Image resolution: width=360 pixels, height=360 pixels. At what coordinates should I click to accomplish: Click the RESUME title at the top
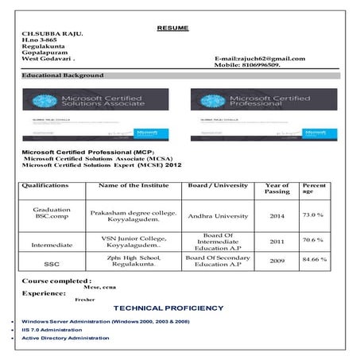click(x=172, y=29)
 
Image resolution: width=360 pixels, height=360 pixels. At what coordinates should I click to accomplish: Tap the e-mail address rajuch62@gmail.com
click(x=259, y=60)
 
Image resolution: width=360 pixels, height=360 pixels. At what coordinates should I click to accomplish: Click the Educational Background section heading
click(x=63, y=75)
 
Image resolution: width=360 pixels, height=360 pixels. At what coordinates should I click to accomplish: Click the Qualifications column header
click(x=46, y=185)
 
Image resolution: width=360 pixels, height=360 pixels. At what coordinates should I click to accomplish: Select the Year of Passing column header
click(x=277, y=189)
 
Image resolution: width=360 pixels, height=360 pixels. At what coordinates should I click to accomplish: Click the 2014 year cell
click(x=277, y=215)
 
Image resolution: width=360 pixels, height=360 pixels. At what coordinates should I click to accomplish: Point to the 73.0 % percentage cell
click(x=312, y=215)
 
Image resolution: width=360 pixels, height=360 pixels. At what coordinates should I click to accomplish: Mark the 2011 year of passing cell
click(x=277, y=241)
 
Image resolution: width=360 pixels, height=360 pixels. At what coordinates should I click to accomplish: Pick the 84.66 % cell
click(x=312, y=259)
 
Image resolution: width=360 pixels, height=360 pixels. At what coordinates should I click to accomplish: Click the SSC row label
click(x=52, y=263)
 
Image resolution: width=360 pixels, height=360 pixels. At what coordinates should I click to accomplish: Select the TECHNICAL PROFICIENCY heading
click(x=168, y=308)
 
